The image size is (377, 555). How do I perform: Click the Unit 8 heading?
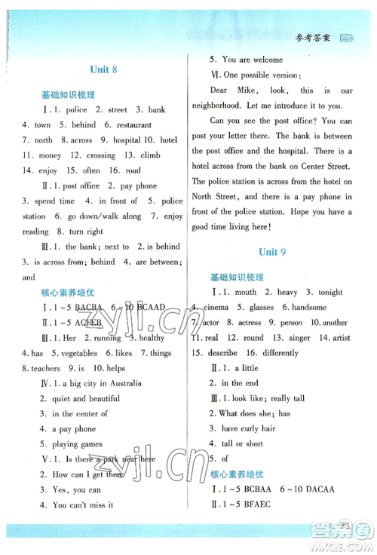[x=104, y=69]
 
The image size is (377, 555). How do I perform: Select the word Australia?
[x=124, y=383]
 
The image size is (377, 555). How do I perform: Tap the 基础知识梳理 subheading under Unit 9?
[x=238, y=277]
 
